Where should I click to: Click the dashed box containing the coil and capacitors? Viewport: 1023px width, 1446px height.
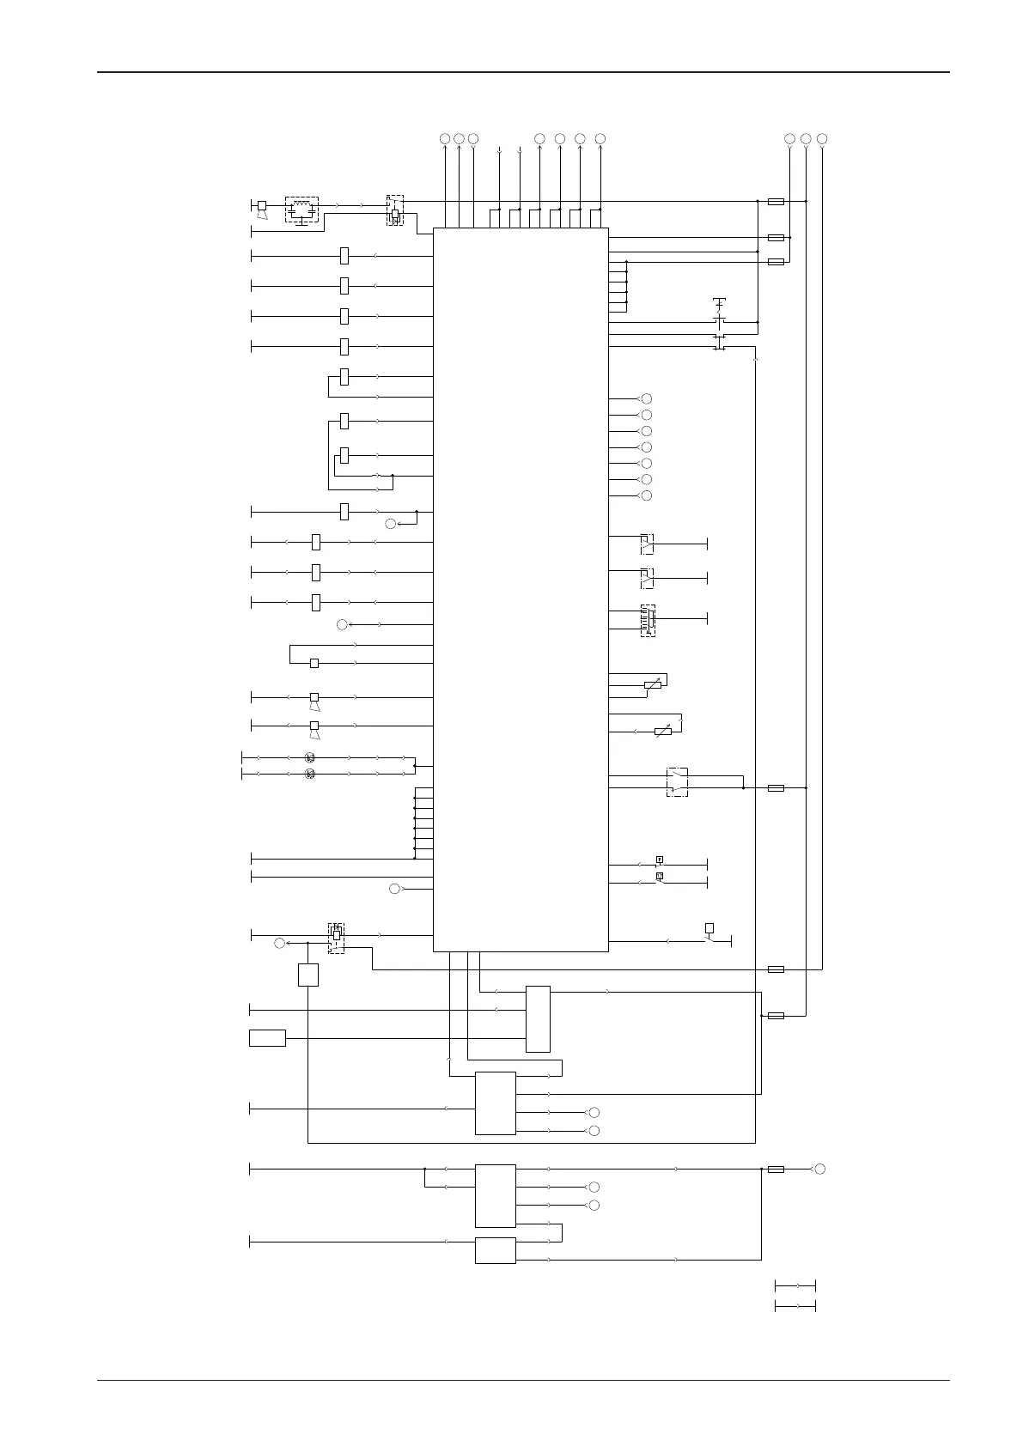(x=301, y=210)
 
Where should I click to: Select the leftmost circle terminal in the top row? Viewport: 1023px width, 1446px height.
(x=445, y=138)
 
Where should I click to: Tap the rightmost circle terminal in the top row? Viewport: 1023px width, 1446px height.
(x=822, y=138)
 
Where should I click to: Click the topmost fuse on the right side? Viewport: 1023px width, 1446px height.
(x=776, y=201)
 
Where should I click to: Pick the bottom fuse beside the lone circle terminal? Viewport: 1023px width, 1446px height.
(x=776, y=1169)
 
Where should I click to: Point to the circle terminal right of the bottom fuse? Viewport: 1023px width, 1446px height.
(x=820, y=1169)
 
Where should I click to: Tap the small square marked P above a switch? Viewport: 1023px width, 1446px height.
(x=660, y=860)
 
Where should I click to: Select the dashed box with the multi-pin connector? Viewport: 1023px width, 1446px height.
(x=648, y=620)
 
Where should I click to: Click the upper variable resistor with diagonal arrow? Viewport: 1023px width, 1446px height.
(x=653, y=684)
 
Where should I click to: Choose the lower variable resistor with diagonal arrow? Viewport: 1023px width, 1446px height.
(x=663, y=732)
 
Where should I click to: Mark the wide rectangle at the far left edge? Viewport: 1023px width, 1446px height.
(x=267, y=1037)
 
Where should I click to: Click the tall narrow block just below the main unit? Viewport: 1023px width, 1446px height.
(x=538, y=1019)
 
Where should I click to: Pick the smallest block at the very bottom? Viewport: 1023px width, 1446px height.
(x=496, y=1250)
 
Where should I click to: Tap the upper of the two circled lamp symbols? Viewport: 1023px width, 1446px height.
(x=310, y=757)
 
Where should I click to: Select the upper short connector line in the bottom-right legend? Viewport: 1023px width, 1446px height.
(x=795, y=1285)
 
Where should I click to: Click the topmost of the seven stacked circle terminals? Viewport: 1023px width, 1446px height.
(x=647, y=398)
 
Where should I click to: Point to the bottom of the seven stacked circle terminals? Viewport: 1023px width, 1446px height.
(x=647, y=495)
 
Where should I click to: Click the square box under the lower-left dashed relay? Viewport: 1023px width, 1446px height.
(x=308, y=975)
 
